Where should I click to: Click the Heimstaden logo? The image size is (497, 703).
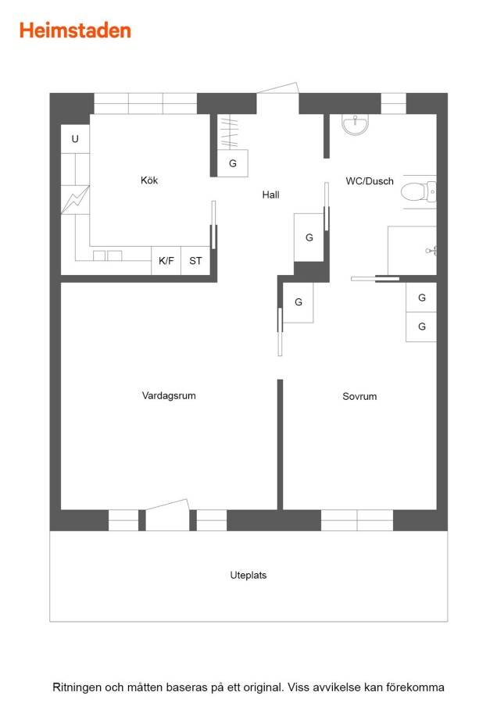point(75,30)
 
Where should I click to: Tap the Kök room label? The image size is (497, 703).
point(149,180)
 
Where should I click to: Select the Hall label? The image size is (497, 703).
point(271,194)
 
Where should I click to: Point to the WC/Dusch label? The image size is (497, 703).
point(370,181)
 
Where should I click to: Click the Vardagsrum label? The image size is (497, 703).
point(169,395)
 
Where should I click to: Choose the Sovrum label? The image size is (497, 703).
point(359,396)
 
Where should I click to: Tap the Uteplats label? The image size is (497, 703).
point(248,575)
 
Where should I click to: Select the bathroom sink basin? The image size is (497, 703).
point(356,124)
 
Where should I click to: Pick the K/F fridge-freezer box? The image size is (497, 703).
point(166,260)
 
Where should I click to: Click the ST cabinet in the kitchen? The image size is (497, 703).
point(195,260)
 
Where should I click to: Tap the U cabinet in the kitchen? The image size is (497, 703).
point(75,139)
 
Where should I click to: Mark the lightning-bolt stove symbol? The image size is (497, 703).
point(75,199)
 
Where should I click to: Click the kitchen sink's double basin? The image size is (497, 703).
point(108,255)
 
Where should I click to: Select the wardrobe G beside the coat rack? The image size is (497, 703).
point(233,163)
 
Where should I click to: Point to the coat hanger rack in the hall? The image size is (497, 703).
point(228,132)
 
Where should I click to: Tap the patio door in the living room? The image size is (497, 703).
point(167,515)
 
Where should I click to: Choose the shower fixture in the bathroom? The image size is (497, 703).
point(431,251)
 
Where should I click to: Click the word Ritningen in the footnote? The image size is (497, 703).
point(77,687)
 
